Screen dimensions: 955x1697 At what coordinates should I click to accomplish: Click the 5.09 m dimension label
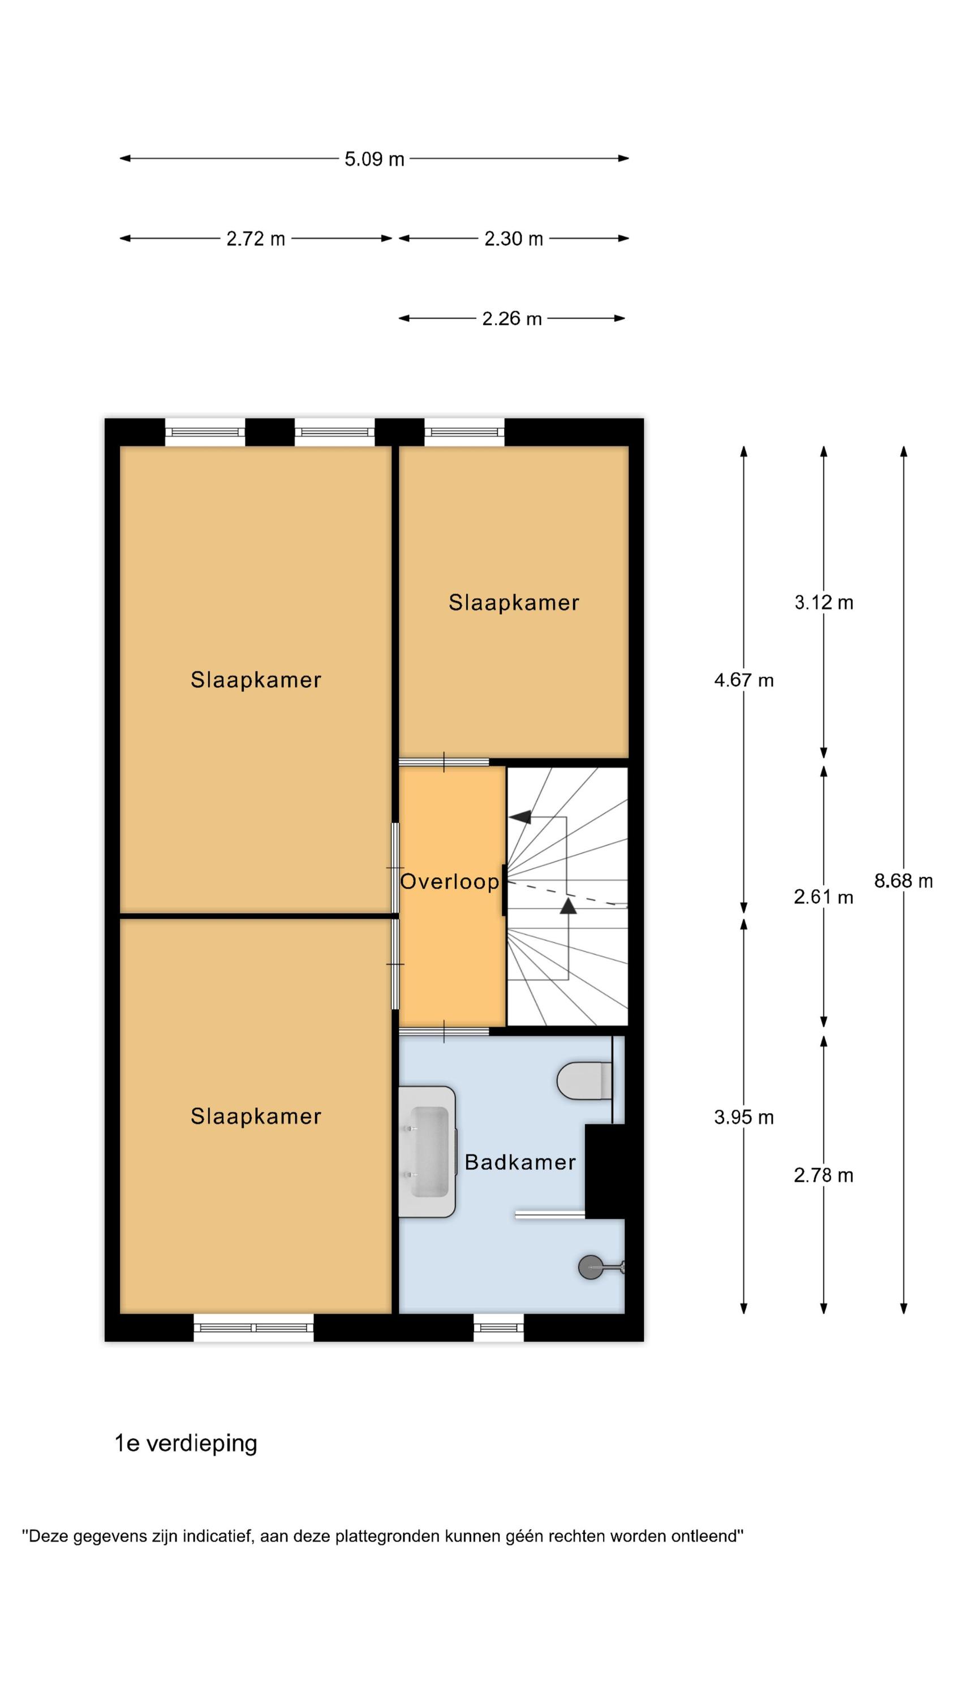[x=374, y=159]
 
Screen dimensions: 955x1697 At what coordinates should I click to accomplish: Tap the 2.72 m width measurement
[x=256, y=239]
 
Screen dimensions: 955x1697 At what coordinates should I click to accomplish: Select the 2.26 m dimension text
[x=511, y=319]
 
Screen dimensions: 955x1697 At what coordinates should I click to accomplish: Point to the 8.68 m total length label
[x=903, y=881]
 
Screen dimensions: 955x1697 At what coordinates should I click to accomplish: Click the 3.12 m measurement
[x=824, y=602]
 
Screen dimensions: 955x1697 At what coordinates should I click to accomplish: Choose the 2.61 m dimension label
[x=824, y=897]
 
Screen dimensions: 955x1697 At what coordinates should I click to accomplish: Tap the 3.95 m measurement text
[x=743, y=1117]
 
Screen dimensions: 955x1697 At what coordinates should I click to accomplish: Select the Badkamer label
[x=520, y=1161]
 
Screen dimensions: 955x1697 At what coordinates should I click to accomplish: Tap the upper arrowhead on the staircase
[x=520, y=817]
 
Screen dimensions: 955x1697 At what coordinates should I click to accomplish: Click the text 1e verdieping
[x=186, y=1442]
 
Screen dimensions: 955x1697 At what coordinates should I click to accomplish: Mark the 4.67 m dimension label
[x=743, y=680]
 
